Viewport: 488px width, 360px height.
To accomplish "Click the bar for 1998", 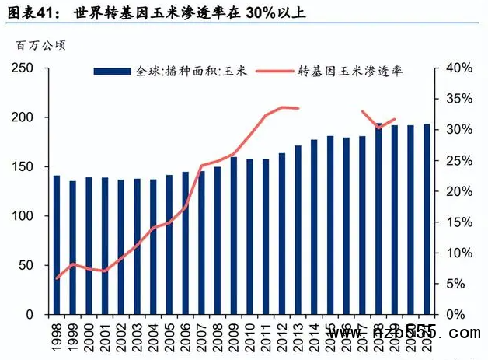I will pos(57,245).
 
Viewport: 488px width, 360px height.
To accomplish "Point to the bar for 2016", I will pos(346,226).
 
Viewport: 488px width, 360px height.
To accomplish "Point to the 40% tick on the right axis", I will pos(457,68).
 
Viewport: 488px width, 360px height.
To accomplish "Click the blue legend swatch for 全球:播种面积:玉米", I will pos(113,71).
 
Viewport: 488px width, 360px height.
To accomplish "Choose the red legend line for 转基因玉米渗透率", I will pos(275,71).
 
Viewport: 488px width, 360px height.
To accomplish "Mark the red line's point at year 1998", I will pos(57,278).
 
